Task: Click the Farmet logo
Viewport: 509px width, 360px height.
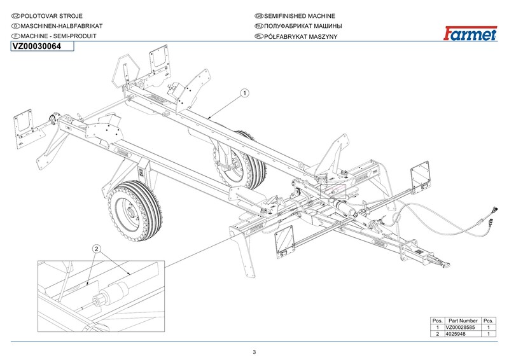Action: tap(470, 33)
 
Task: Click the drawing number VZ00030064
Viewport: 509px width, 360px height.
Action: tap(37, 46)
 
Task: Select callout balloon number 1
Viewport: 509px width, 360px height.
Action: tap(245, 93)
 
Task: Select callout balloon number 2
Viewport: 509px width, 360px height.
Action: tap(97, 249)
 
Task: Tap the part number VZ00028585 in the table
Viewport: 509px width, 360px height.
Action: tap(460, 327)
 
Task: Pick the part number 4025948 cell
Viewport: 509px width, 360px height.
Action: tap(456, 334)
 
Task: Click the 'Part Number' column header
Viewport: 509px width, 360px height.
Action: tap(463, 321)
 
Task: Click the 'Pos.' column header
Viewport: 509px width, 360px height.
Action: tap(438, 321)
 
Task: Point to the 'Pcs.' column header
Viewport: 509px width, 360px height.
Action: tap(488, 321)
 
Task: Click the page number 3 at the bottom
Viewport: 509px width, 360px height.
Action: tap(254, 352)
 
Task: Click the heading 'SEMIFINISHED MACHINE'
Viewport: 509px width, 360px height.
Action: tap(299, 16)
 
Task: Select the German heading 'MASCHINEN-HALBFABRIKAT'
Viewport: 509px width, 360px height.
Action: tap(61, 26)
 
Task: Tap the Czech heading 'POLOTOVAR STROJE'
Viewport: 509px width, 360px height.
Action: tap(52, 16)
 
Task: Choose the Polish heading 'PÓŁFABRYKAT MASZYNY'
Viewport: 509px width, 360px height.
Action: tap(300, 36)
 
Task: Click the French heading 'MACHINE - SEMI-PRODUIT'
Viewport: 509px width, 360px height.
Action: tap(59, 36)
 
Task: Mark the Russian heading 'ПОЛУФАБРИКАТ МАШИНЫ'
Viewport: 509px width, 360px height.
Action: tap(303, 26)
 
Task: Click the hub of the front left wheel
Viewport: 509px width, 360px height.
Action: tap(132, 212)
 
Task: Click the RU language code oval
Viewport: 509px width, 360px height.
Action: tap(259, 26)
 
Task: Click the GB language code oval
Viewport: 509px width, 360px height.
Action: tap(259, 16)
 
